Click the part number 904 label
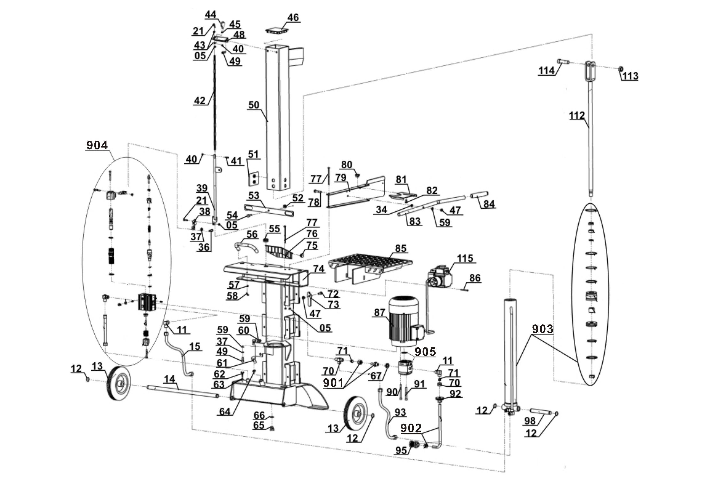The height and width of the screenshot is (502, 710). (x=97, y=145)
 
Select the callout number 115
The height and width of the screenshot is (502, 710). (x=465, y=258)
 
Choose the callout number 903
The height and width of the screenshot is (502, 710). (x=543, y=329)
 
